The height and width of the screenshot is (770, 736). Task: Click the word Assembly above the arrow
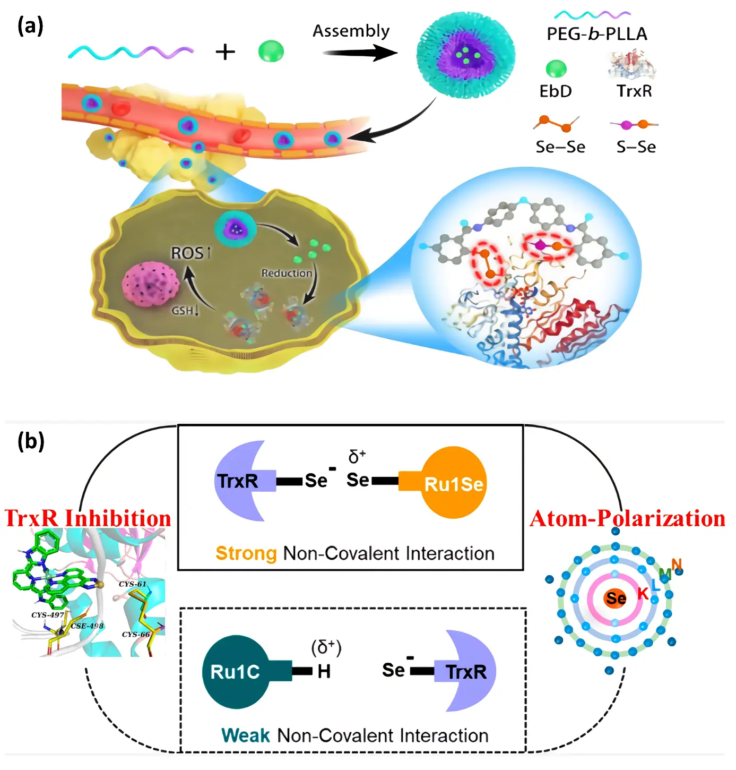point(351,31)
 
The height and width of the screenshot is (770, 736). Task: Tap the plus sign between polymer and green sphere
point(225,52)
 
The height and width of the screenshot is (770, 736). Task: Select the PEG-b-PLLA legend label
point(596,35)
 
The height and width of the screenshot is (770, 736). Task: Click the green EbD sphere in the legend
point(556,69)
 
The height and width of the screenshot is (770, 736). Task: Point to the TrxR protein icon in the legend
point(633,65)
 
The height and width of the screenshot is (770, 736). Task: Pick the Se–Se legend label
point(560,147)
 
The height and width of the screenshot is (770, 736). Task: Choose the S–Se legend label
point(636,147)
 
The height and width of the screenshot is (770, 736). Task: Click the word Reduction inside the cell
point(287,273)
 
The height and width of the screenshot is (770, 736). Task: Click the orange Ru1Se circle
point(454,483)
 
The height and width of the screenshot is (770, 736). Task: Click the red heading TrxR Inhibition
point(88,518)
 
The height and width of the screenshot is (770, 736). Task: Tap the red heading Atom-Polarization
point(627,519)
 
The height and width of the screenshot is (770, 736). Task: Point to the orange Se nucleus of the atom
point(616,599)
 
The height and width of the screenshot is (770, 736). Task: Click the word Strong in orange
point(246,553)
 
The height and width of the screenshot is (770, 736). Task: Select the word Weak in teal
point(246,735)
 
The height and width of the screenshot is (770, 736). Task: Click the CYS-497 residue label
point(48,615)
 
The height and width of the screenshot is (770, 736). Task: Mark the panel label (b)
point(31,441)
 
